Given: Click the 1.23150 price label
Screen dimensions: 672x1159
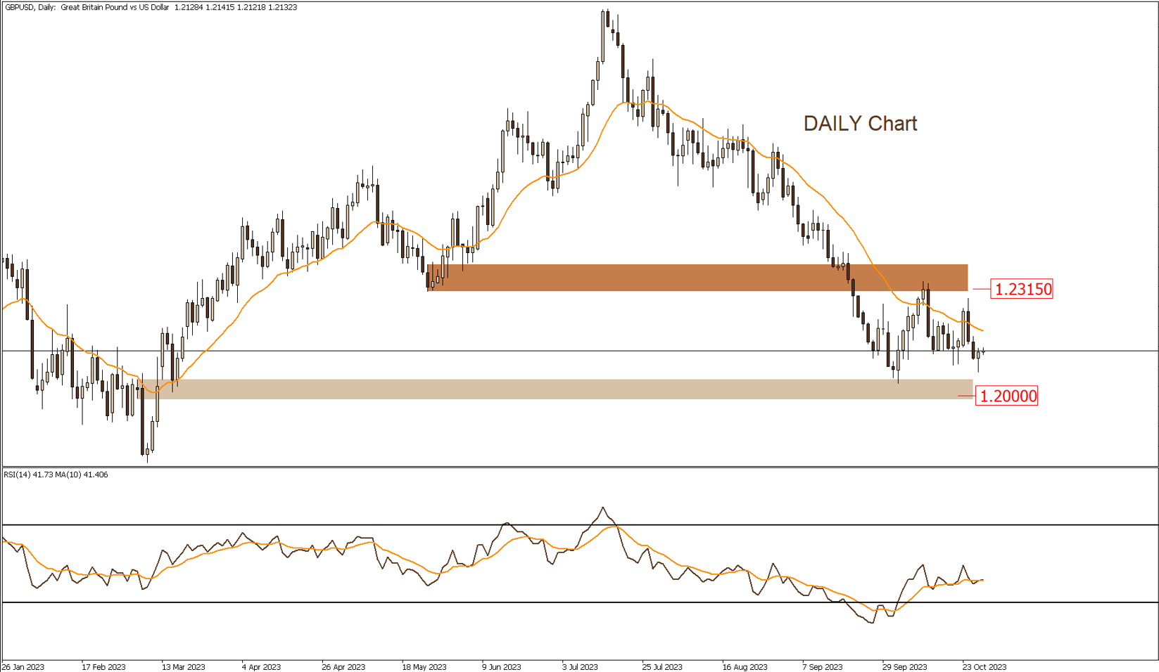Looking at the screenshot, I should click(1021, 289).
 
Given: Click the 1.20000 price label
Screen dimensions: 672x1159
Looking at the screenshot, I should click(1006, 396).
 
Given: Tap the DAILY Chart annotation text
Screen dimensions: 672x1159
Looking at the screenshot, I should click(860, 124).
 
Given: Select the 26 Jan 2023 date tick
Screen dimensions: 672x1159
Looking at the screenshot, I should click(23, 667).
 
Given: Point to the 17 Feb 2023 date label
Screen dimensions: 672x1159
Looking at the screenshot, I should click(103, 667).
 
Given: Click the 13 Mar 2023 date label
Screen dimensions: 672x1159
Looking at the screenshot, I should click(183, 667).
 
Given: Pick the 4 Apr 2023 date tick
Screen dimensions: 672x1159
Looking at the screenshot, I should click(261, 667).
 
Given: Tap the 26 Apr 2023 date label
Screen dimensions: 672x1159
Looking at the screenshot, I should click(343, 667).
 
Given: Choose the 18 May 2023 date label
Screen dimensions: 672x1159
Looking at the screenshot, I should click(424, 667).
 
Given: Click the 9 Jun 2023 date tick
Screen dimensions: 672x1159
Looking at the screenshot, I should click(502, 667).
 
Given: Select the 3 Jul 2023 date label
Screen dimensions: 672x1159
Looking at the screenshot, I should click(580, 667).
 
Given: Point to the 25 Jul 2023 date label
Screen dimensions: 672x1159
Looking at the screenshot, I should click(661, 667).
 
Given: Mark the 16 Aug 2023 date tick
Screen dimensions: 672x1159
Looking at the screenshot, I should click(745, 667).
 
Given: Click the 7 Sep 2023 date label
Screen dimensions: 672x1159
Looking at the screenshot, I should click(822, 667).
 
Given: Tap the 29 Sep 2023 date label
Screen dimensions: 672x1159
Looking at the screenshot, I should click(904, 667).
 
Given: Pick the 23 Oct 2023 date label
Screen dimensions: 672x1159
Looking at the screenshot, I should click(984, 667).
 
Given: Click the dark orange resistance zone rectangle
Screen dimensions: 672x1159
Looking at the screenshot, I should click(697, 278).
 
